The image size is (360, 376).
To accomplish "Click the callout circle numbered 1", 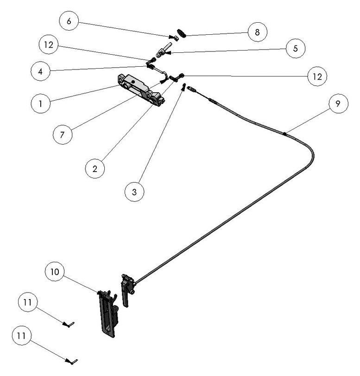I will [41, 104].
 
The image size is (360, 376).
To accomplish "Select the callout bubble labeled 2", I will [95, 168].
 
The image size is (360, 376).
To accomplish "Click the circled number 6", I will [69, 21].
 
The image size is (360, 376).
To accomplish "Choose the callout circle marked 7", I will [62, 135].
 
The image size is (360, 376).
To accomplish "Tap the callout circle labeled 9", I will [338, 104].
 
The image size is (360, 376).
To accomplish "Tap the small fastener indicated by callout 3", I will [184, 87].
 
